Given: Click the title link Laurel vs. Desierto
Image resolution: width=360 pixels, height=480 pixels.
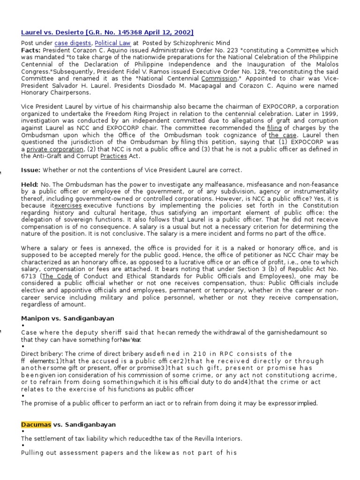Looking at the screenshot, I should [x=107, y=32].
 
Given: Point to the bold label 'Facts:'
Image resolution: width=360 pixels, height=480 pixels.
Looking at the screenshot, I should [x=31, y=50].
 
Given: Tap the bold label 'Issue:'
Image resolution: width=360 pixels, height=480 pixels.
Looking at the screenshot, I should [x=31, y=169].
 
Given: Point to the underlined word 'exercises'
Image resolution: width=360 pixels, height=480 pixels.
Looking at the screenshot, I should [x=68, y=206].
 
